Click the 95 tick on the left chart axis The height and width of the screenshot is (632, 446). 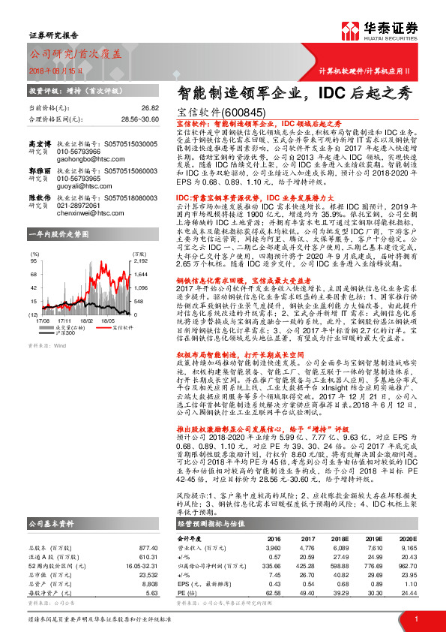[x=34, y=260]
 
